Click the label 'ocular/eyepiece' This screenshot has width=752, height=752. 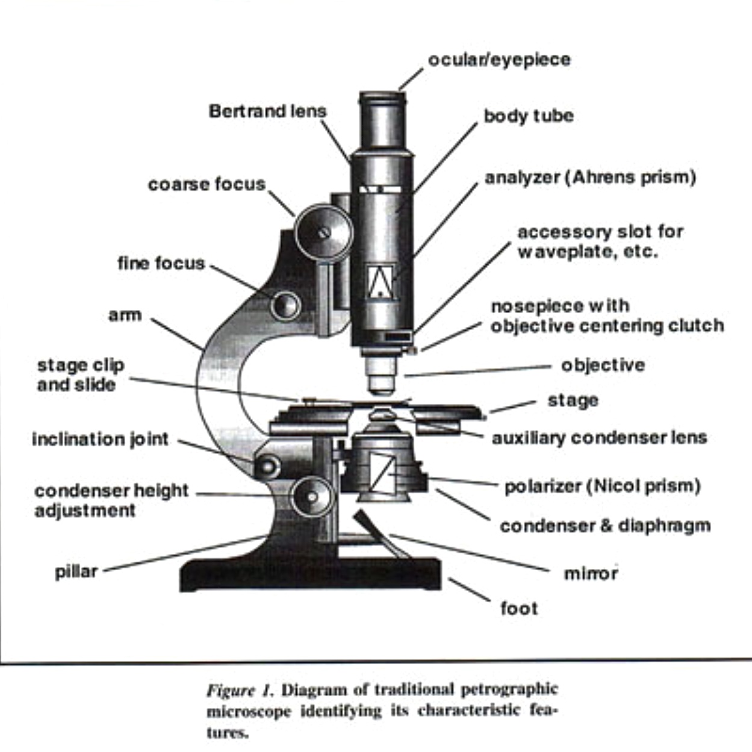[x=499, y=60]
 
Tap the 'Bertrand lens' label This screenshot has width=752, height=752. [x=267, y=111]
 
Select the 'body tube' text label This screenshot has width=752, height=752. [x=528, y=116]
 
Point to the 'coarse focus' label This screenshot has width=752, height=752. [x=207, y=184]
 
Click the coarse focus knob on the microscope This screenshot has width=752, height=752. [x=323, y=232]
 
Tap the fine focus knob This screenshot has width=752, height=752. [x=285, y=305]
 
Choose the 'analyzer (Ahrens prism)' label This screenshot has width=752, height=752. [x=590, y=178]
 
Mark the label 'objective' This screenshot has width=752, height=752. [x=603, y=365]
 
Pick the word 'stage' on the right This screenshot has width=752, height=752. [x=573, y=400]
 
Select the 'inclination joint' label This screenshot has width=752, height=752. [x=100, y=439]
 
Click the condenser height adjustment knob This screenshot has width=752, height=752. [x=311, y=496]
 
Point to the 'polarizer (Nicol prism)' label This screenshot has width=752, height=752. [x=602, y=486]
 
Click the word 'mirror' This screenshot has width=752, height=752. [x=591, y=573]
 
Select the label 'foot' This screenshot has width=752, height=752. [x=519, y=608]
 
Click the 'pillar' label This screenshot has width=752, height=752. [x=76, y=571]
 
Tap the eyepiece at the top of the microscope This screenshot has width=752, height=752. [x=382, y=120]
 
